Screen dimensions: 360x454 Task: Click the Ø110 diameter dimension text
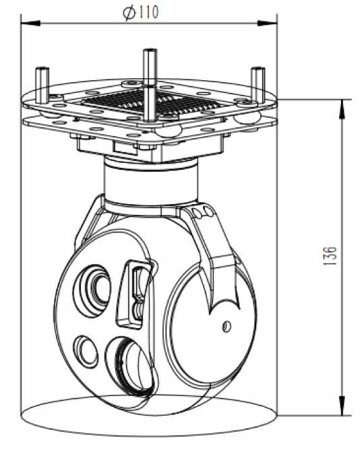(x=141, y=12)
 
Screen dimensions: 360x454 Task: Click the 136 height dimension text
(x=330, y=256)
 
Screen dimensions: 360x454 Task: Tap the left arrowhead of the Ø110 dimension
(x=31, y=23)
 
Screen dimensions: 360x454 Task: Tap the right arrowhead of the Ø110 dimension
(x=267, y=23)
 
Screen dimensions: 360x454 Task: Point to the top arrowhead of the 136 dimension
(x=342, y=109)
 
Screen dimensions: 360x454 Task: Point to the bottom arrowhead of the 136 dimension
(x=342, y=406)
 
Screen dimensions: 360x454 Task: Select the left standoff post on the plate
(x=42, y=85)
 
